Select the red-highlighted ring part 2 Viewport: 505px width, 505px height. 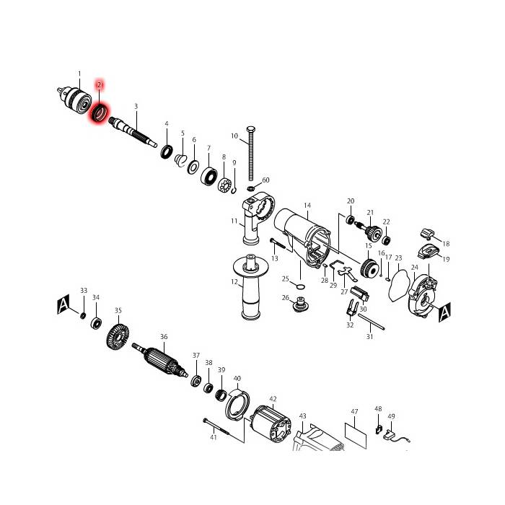[99, 113]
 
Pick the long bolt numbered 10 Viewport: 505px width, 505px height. [251, 155]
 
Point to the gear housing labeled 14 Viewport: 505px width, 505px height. [307, 238]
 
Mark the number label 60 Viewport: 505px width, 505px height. [265, 180]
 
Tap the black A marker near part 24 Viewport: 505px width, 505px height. [444, 312]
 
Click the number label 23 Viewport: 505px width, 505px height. [398, 258]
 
